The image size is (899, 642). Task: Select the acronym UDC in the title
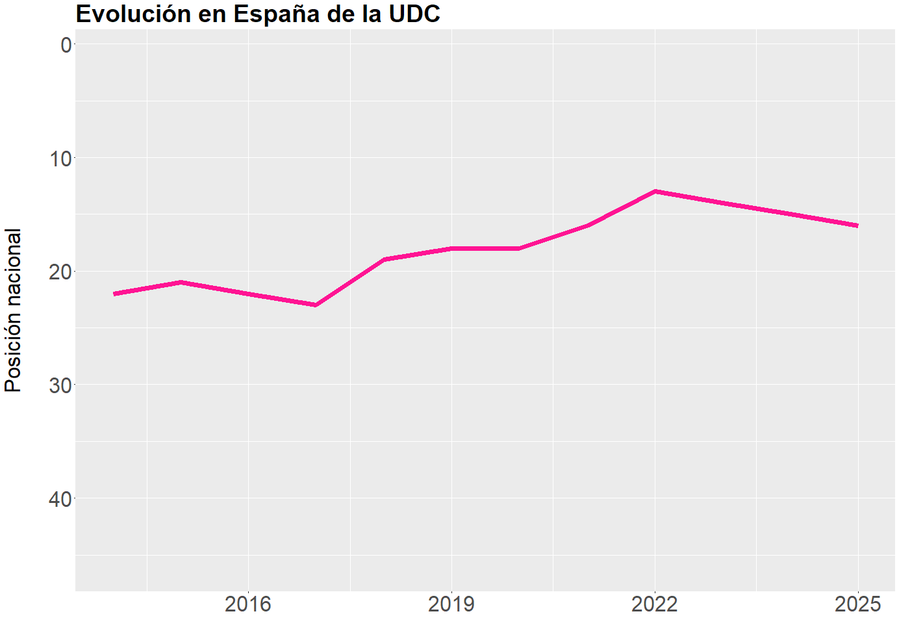[x=414, y=14]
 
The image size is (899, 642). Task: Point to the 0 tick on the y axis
[x=66, y=45]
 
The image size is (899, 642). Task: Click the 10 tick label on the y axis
[x=61, y=158]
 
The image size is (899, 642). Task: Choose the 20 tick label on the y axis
[x=61, y=272]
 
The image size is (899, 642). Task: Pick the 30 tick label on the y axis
[x=61, y=385]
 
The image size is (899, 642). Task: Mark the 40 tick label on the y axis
[x=61, y=498]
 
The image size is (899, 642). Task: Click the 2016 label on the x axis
[x=247, y=604]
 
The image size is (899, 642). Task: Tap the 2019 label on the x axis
[x=451, y=604]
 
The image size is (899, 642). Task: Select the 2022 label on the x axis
[x=655, y=604]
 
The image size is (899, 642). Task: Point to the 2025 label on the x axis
[x=858, y=604]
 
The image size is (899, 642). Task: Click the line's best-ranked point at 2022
[x=655, y=191]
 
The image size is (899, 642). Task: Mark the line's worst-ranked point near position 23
[x=316, y=305]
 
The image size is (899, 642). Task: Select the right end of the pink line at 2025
[x=857, y=225]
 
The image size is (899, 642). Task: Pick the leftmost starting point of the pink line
[x=114, y=294]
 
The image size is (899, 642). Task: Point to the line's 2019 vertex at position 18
[x=451, y=248]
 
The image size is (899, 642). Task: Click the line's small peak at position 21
[x=181, y=282]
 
